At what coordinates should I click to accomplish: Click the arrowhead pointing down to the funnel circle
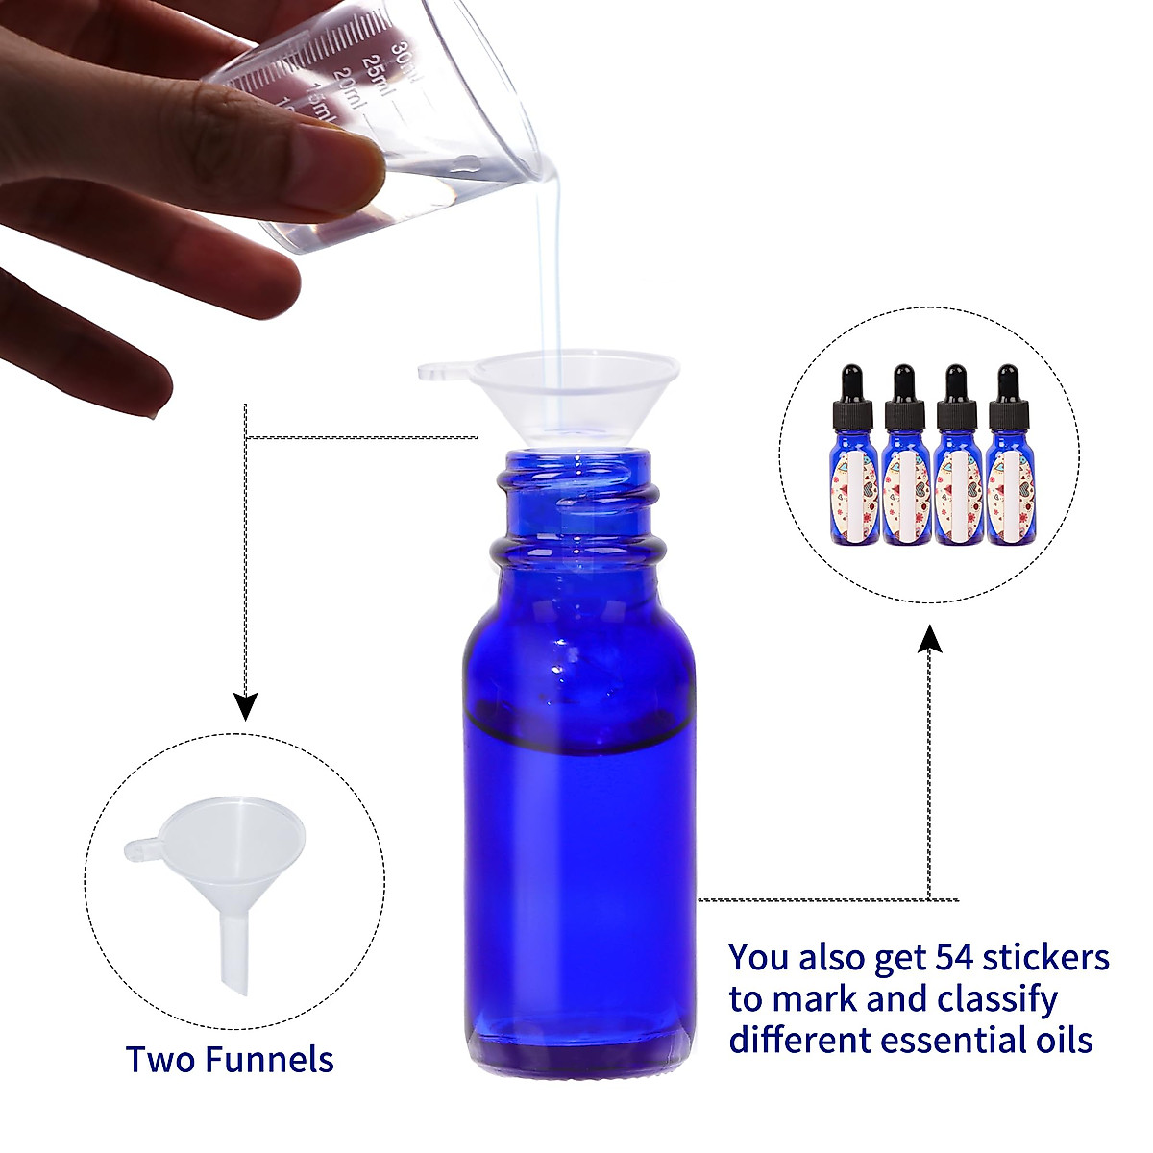(x=247, y=709)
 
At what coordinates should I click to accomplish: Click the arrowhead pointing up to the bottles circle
(x=929, y=638)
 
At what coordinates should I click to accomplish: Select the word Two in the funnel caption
(x=157, y=1060)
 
